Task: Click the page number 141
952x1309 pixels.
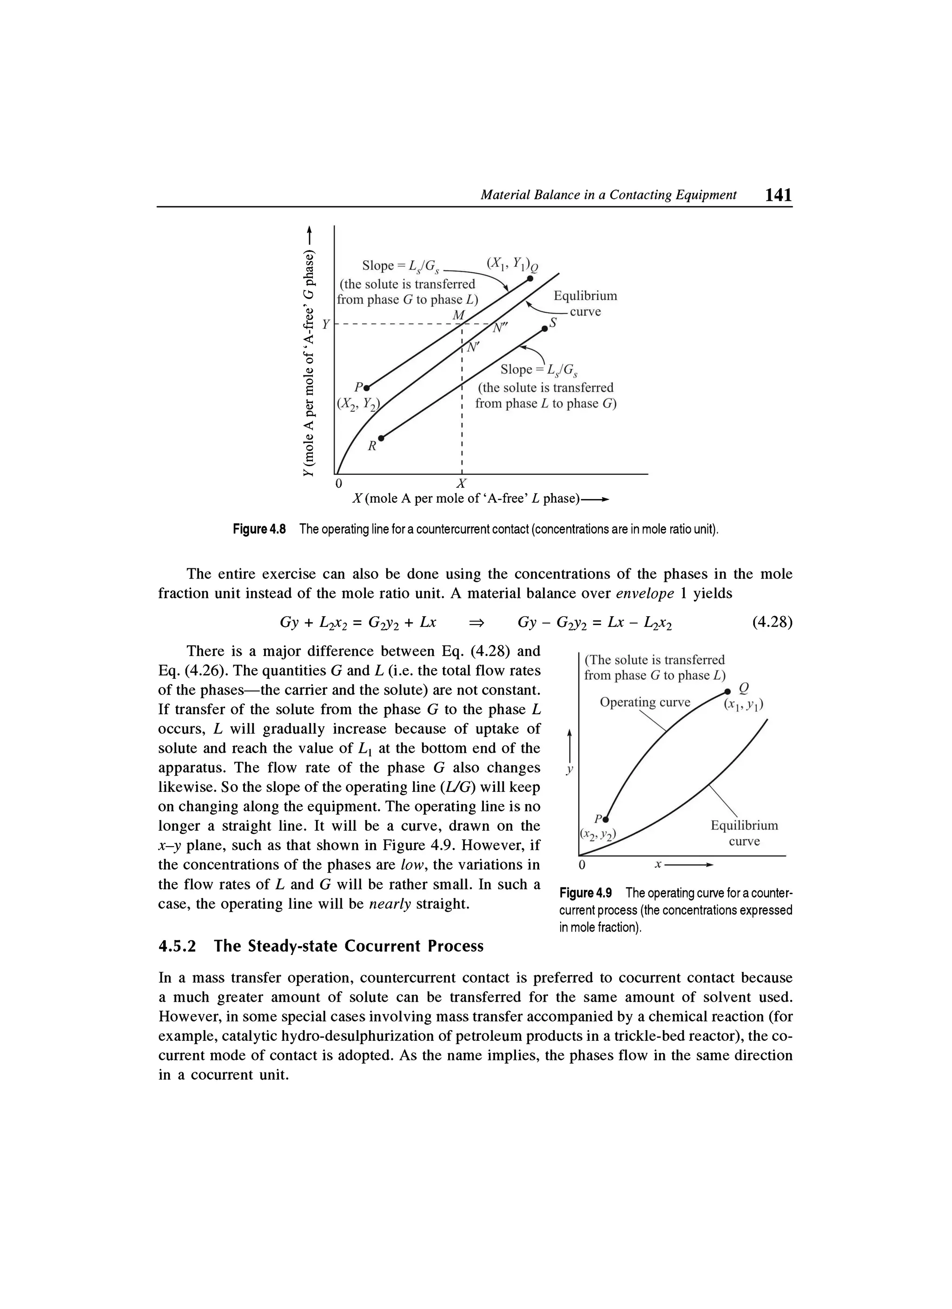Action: click(x=778, y=195)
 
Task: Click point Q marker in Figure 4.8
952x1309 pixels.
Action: click(x=529, y=279)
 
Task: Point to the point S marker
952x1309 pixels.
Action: click(x=544, y=329)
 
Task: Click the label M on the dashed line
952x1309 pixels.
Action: click(x=458, y=315)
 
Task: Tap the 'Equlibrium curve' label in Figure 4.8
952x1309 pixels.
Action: click(x=585, y=303)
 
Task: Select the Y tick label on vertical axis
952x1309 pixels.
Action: click(x=325, y=325)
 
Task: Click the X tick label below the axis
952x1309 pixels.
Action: click(x=461, y=483)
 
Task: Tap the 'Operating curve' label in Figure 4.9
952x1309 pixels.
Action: click(x=645, y=703)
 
